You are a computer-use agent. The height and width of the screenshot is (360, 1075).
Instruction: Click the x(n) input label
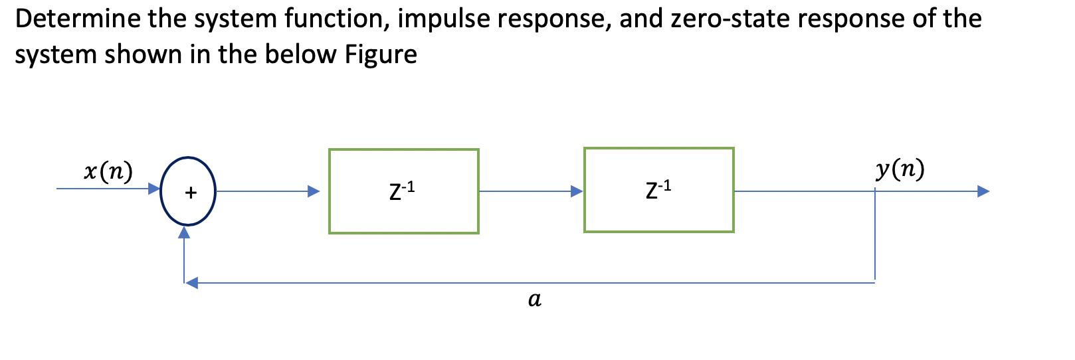point(108,171)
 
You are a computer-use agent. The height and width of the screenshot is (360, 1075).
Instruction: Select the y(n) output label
point(900,169)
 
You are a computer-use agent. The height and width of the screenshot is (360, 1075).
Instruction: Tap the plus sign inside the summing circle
point(191,193)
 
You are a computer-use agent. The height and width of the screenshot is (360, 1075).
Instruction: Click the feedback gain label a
point(534,300)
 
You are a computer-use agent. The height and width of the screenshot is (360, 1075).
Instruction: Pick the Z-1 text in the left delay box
point(402,191)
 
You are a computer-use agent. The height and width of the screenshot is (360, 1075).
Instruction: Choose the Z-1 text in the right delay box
point(658,189)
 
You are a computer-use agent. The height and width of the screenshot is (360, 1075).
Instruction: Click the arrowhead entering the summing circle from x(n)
point(154,189)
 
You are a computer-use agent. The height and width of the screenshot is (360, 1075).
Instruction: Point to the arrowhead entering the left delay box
point(314,191)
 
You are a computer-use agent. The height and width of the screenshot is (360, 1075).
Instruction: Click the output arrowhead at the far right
point(983,191)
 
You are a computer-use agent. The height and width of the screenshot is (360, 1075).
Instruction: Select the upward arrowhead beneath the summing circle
point(184,232)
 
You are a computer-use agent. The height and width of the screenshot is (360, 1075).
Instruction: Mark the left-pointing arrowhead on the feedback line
point(191,283)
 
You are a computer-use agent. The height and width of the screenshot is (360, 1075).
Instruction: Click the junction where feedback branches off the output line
point(875,191)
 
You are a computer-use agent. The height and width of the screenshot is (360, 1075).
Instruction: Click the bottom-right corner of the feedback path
point(875,282)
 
